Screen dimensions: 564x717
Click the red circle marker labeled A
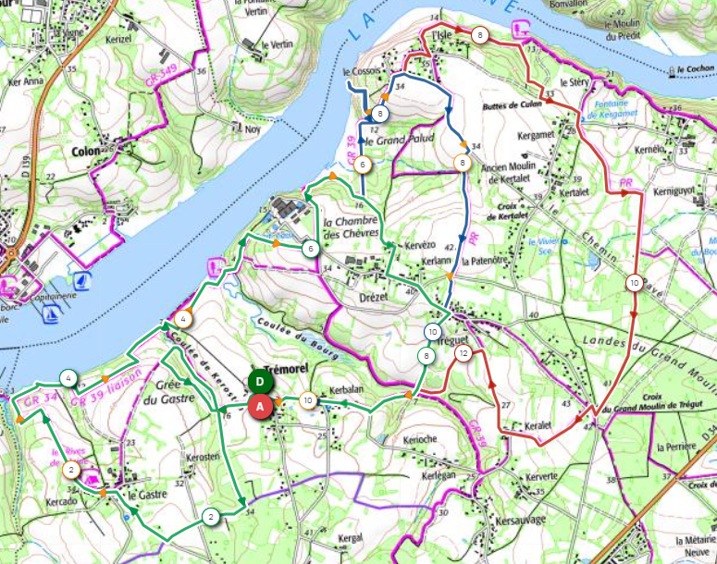(260, 405)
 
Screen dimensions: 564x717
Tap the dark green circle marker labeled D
(260, 381)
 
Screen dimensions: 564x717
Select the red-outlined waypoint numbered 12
(464, 353)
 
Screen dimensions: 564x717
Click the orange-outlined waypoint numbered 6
(362, 164)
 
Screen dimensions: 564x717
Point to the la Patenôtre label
(492, 261)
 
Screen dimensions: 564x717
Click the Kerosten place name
(204, 459)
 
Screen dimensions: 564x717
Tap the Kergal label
(350, 537)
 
